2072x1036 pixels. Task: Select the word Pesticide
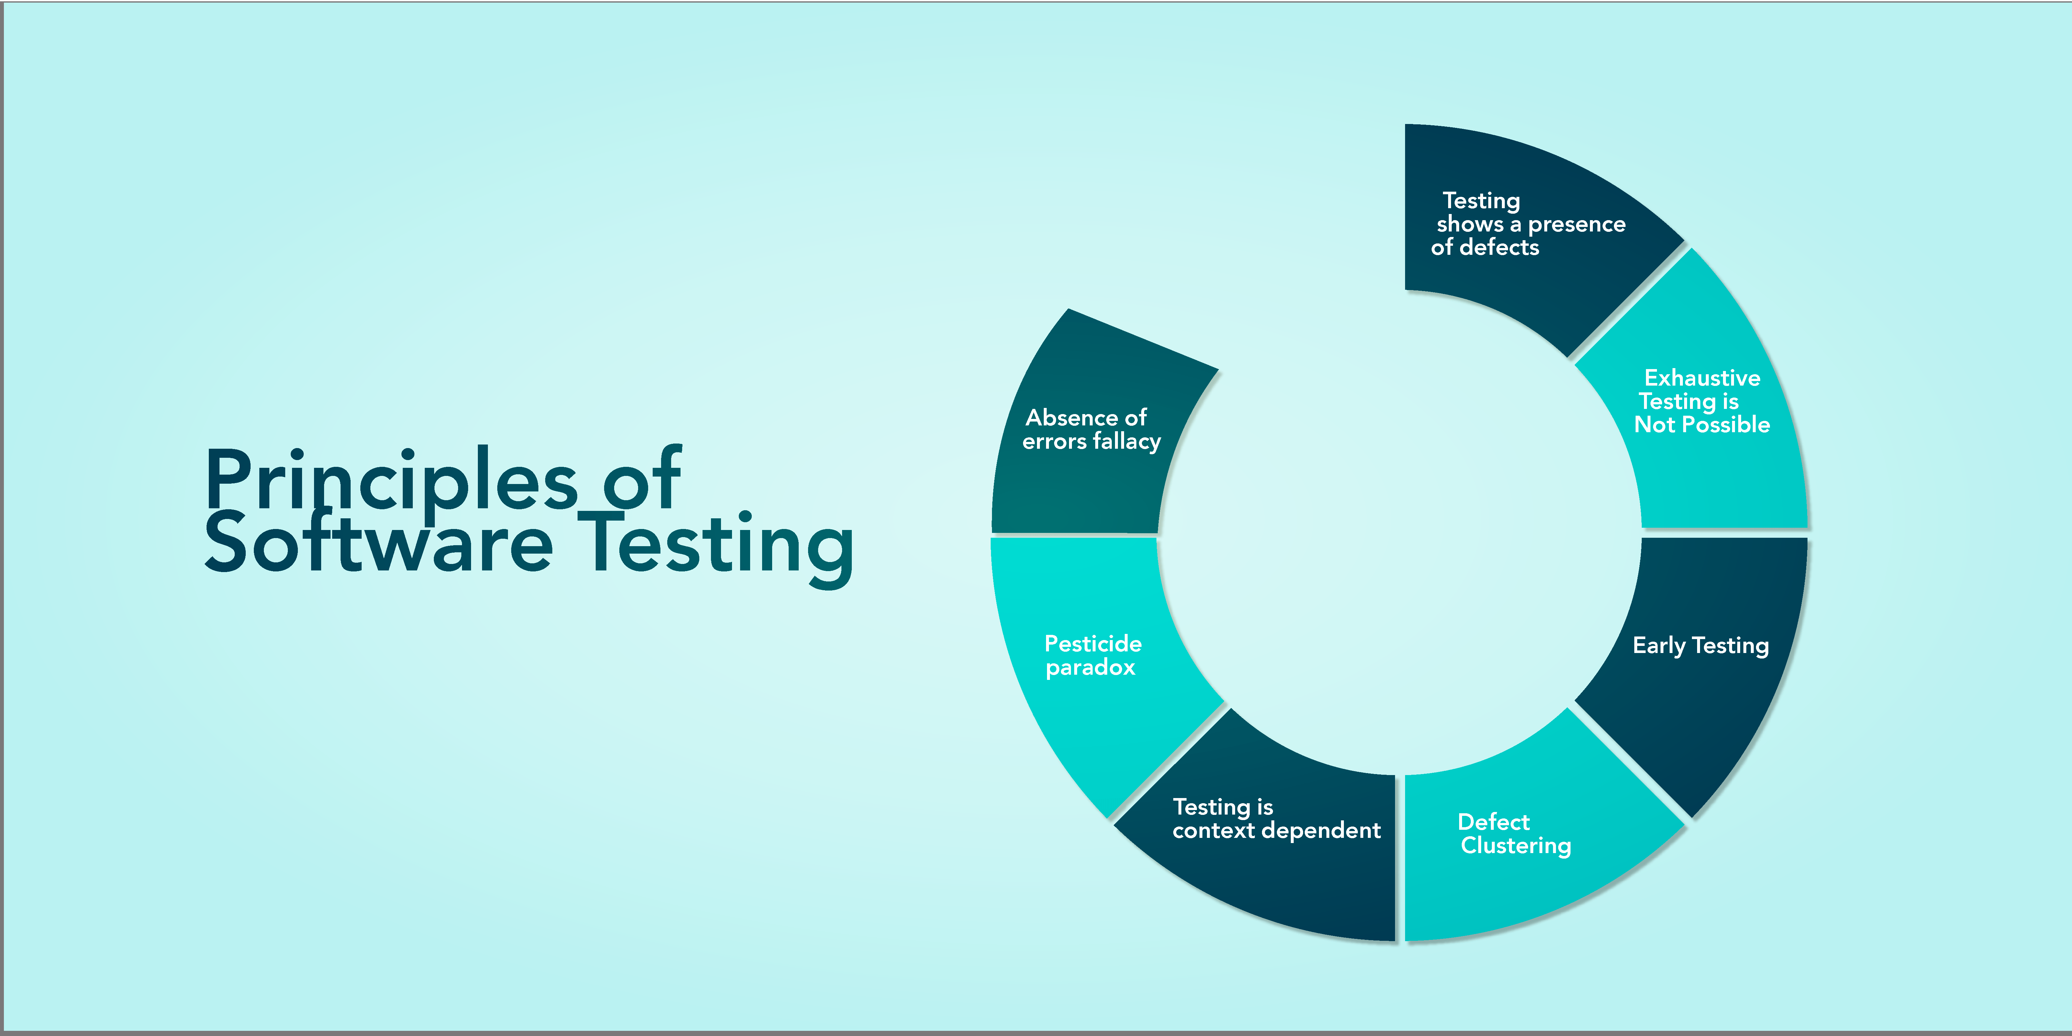(x=1092, y=644)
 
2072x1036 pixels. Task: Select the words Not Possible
(x=1702, y=425)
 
